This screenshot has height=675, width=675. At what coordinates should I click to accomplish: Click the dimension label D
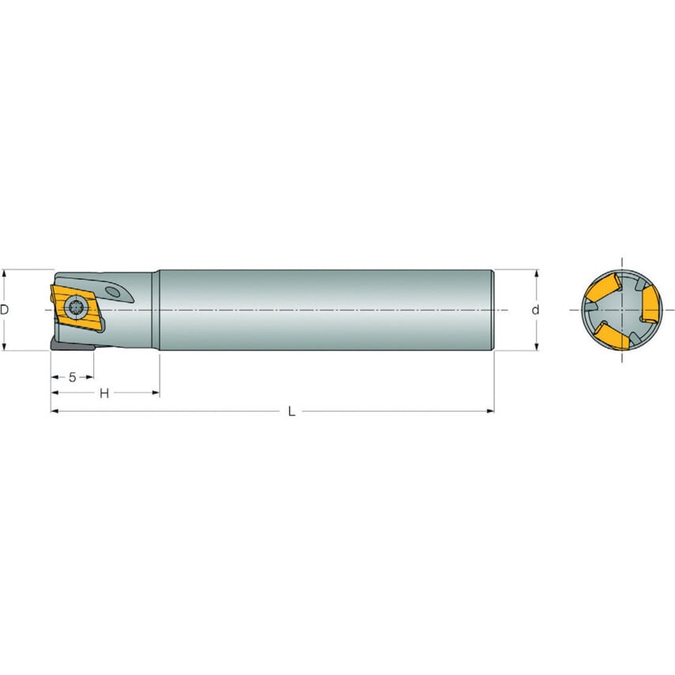[5, 310]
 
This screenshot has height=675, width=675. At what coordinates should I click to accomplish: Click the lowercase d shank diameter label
[535, 310]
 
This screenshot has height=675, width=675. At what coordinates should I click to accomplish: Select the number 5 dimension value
[72, 377]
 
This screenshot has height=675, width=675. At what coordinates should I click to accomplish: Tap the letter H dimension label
[104, 394]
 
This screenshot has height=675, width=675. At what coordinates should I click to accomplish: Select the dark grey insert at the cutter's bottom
[71, 346]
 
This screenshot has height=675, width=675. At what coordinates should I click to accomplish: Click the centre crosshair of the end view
[622, 310]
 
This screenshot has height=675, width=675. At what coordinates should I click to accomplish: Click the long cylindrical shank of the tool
[324, 310]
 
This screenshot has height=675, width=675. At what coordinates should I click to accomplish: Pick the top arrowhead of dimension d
[537, 274]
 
